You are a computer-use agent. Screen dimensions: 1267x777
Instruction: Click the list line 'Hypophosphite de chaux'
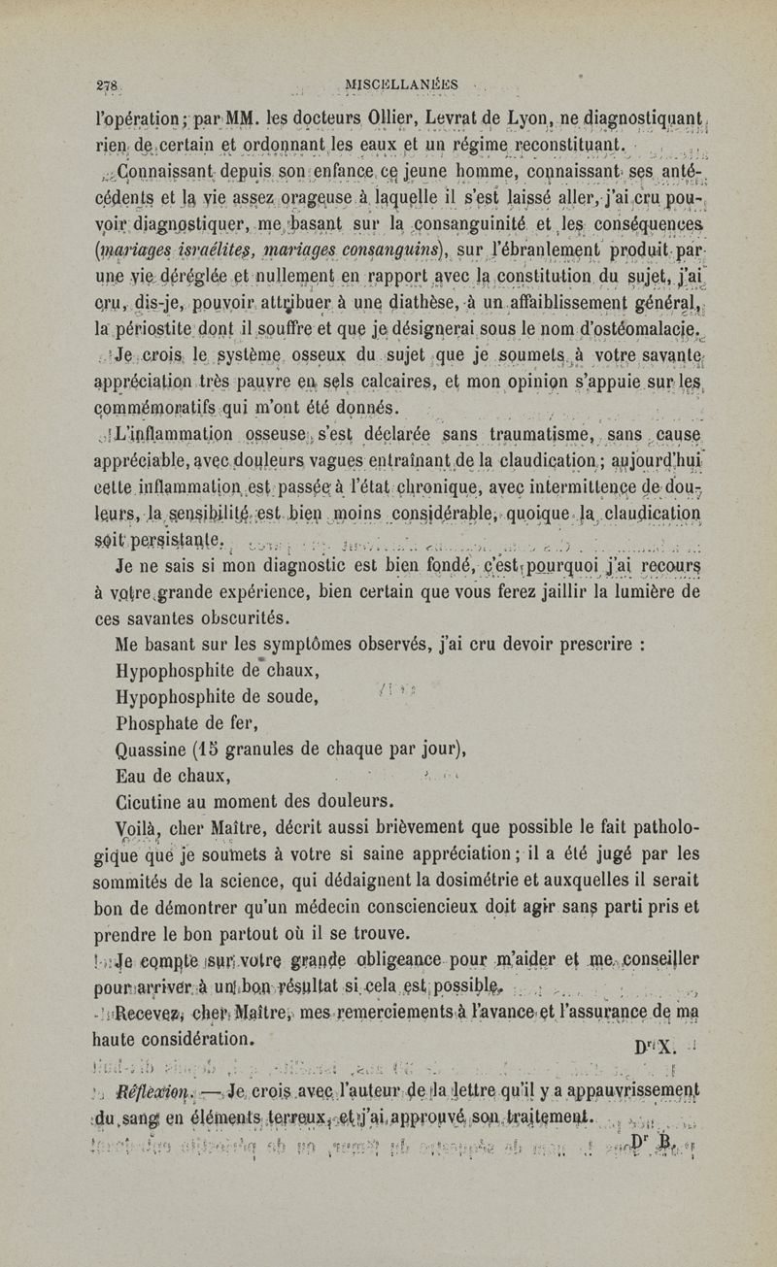point(206,670)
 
